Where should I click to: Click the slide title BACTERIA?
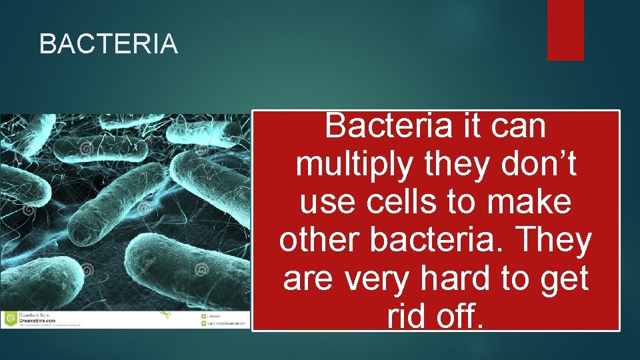click(x=109, y=45)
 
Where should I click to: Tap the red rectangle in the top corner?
click(x=565, y=30)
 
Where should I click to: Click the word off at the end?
click(x=464, y=317)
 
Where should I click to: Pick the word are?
click(x=309, y=279)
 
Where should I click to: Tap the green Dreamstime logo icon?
click(x=10, y=319)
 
